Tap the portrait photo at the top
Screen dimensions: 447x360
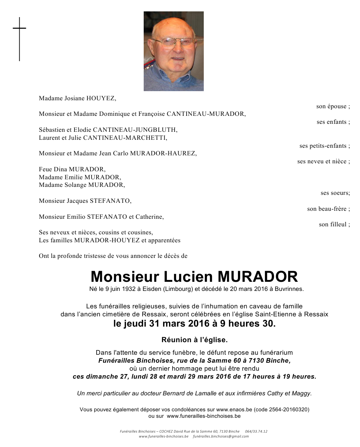(x=173, y=51)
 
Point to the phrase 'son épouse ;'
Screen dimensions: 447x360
(x=333, y=106)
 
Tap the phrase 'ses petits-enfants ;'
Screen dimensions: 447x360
(x=325, y=146)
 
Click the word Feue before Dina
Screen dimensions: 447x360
(x=45, y=169)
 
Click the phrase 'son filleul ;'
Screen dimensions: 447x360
(x=334, y=224)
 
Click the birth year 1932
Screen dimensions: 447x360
(x=133, y=289)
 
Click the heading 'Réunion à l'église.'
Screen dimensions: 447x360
(x=195, y=340)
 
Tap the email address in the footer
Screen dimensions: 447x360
(x=221, y=437)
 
